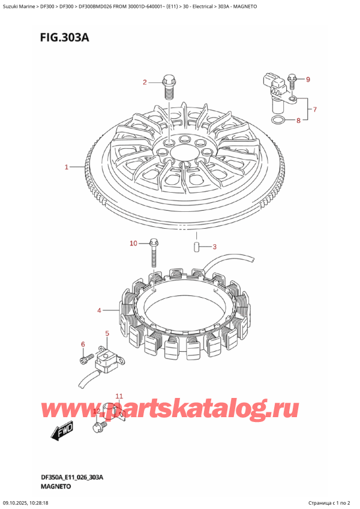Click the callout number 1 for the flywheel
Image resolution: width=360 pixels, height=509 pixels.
coord(67,167)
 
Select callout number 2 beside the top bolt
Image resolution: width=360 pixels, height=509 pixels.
coord(145,82)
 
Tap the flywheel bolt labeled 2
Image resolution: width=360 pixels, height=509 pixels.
coord(168,87)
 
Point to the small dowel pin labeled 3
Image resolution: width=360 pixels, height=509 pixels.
coord(196,247)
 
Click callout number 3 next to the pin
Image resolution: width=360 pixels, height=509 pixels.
coord(214,247)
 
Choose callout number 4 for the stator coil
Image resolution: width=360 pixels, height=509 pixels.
coord(100,311)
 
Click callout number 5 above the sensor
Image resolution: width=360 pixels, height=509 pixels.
coord(107,333)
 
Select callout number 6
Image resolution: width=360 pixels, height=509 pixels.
coord(83,344)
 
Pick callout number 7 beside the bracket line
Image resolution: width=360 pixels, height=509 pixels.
coord(314,109)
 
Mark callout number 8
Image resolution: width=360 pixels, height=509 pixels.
coord(298,121)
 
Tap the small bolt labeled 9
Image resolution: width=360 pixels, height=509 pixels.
coord(291,82)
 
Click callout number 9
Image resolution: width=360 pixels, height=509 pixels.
coord(308,79)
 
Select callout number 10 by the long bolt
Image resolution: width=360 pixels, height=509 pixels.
coord(134,243)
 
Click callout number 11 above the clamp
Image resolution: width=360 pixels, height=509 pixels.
coord(119,396)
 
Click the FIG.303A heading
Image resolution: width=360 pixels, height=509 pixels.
coord(65,38)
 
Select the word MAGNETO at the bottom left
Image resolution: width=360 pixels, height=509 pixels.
coord(56,486)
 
